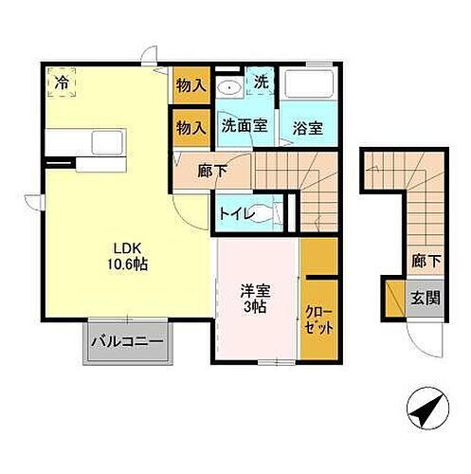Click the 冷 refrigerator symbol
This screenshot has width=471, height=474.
(62, 82)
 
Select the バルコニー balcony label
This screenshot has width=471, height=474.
(127, 342)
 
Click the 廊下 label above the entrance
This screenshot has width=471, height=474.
(423, 257)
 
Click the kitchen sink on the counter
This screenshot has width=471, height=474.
(102, 143)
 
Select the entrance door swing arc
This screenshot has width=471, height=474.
(422, 335)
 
